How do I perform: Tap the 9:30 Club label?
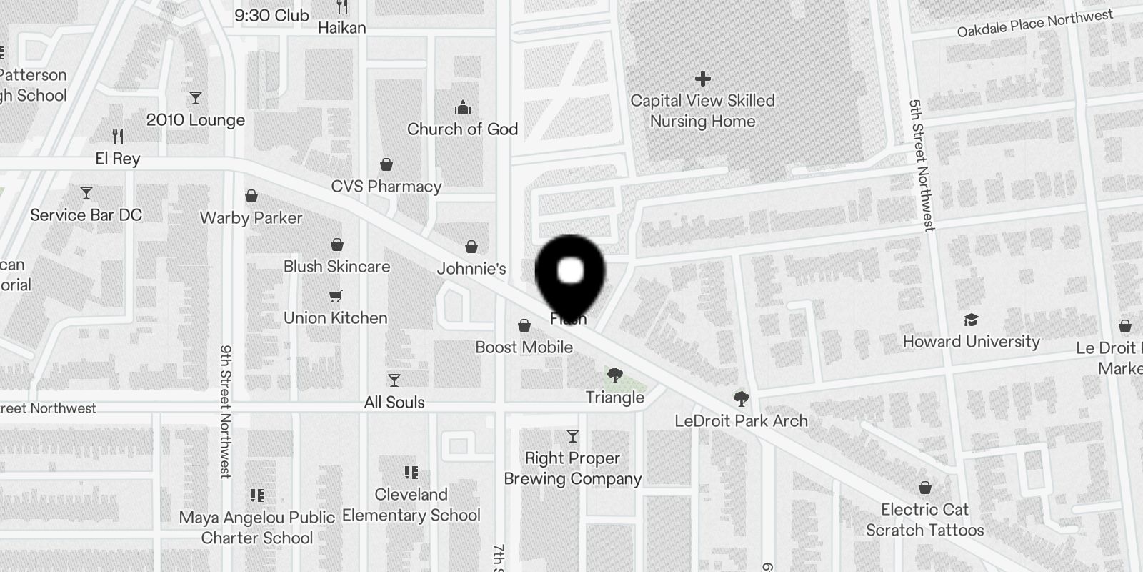pyautogui.click(x=271, y=16)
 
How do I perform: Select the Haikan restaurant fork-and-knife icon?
pyautogui.click(x=342, y=7)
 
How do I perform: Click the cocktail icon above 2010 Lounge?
pyautogui.click(x=196, y=98)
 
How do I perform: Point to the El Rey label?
pyautogui.click(x=118, y=159)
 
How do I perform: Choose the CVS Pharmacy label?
pyautogui.click(x=386, y=187)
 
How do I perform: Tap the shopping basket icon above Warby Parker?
pyautogui.click(x=251, y=196)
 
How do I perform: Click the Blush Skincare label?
pyautogui.click(x=337, y=267)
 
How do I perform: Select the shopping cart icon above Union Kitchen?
pyautogui.click(x=336, y=296)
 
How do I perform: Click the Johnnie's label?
pyautogui.click(x=471, y=269)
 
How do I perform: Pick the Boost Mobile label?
pyautogui.click(x=524, y=347)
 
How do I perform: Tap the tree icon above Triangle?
pyautogui.click(x=614, y=375)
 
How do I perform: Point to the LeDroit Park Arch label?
pyautogui.click(x=742, y=421)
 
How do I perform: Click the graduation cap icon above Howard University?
pyautogui.click(x=971, y=320)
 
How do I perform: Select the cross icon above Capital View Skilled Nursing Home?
pyautogui.click(x=703, y=78)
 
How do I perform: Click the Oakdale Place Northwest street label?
pyautogui.click(x=1035, y=24)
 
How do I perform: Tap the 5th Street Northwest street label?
pyautogui.click(x=922, y=165)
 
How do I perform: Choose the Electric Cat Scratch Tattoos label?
pyautogui.click(x=925, y=520)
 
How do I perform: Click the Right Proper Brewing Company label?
pyautogui.click(x=573, y=468)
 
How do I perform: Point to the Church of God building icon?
pyautogui.click(x=463, y=108)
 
